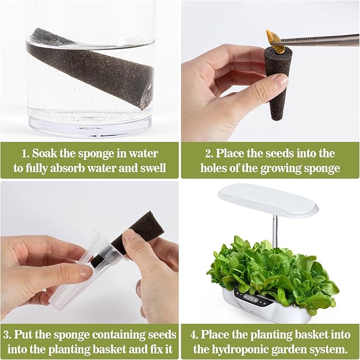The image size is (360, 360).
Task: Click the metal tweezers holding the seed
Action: tap(323, 39)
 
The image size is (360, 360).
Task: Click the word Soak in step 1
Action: tap(46, 154)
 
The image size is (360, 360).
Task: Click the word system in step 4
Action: tap(330, 349)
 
